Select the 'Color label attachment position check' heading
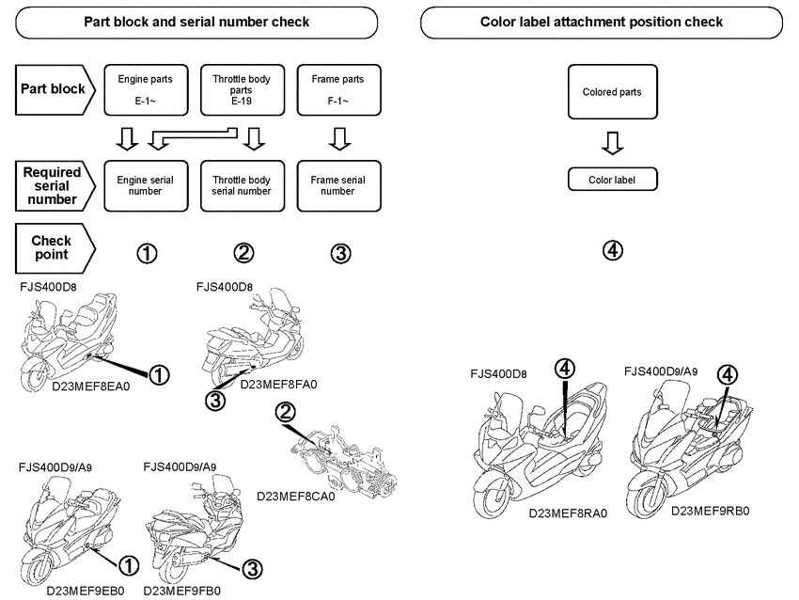click(x=601, y=22)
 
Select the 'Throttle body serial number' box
click(x=242, y=184)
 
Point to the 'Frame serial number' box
click(x=339, y=184)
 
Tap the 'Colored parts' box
click(x=612, y=92)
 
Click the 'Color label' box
click(x=612, y=179)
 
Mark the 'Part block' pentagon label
click(x=54, y=90)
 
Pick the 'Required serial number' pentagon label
click(x=54, y=184)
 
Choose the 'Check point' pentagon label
click(x=55, y=248)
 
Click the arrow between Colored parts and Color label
click(x=612, y=143)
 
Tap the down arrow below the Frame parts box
click(x=340, y=139)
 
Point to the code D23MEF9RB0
click(x=710, y=511)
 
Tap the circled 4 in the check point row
click(x=612, y=251)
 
